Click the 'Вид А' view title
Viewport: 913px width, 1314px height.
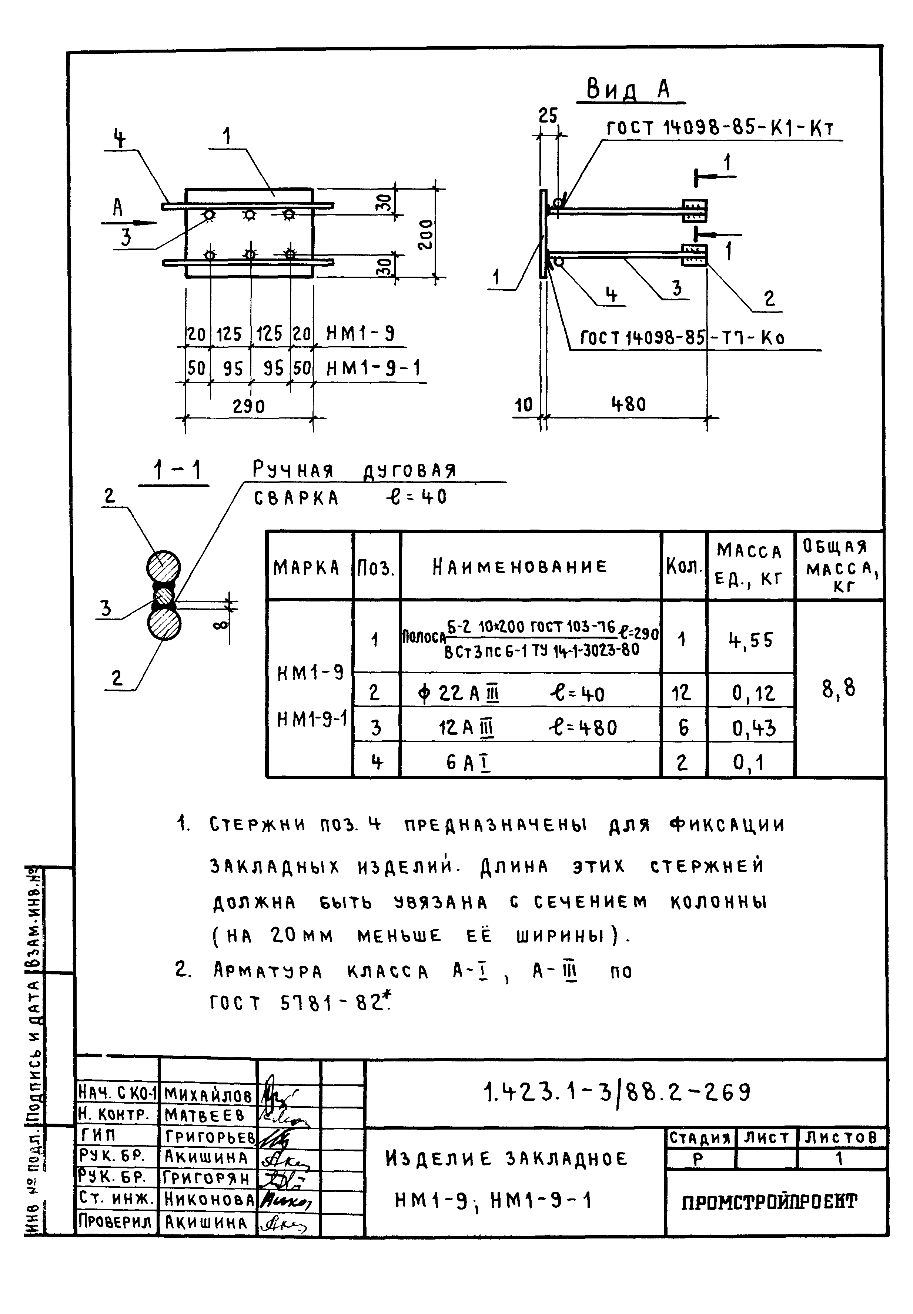[629, 90]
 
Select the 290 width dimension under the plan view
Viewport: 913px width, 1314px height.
[249, 406]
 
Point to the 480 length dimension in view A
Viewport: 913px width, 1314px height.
[628, 405]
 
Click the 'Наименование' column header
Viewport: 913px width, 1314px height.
[519, 567]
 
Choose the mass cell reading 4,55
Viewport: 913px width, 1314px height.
[750, 639]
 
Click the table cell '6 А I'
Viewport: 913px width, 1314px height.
[469, 763]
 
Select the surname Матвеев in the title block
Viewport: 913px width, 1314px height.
[204, 1115]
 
